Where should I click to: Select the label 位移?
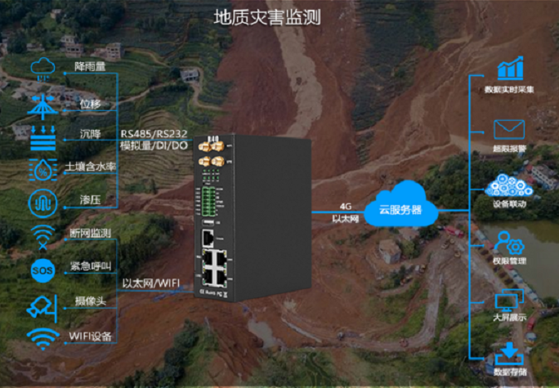point(90,104)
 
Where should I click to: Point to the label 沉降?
point(90,132)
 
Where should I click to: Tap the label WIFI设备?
point(90,336)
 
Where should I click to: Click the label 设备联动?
point(508,204)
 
